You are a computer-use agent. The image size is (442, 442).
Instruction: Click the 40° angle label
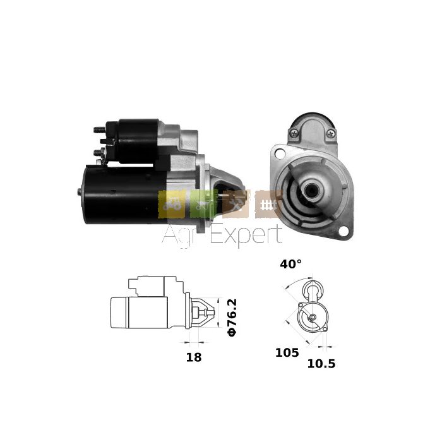click(290, 264)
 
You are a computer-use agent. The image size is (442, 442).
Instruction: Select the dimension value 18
click(194, 357)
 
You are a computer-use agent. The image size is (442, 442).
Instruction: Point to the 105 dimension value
click(287, 352)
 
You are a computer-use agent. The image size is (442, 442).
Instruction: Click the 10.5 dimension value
click(321, 364)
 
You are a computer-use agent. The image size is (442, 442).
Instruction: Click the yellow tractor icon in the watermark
click(172, 205)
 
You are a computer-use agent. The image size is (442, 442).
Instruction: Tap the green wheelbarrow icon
click(203, 205)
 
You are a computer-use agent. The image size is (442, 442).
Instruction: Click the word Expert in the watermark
click(246, 236)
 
